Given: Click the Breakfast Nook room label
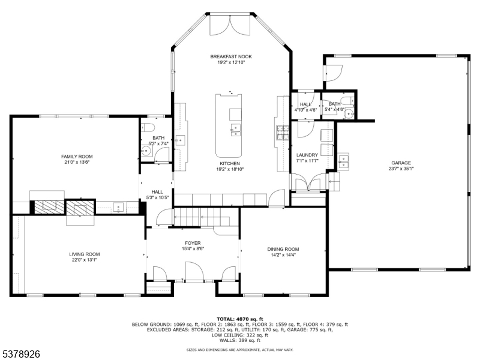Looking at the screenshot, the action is tap(231, 56).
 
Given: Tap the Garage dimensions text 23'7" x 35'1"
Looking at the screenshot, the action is tap(401, 169).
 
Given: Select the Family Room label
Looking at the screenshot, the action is tap(77, 157).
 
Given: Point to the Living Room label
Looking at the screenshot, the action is tap(84, 254).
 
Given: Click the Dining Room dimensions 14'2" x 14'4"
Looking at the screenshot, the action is tap(283, 254).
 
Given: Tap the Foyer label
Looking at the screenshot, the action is tap(193, 243).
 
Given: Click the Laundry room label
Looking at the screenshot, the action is tap(307, 155).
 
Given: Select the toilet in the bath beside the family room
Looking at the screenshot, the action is tap(148, 127).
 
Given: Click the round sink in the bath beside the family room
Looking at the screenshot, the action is tap(147, 151).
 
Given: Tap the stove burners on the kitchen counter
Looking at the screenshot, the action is tap(283, 133).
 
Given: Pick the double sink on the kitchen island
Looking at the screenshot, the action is tap(235, 130).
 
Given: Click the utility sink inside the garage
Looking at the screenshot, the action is tap(343, 161).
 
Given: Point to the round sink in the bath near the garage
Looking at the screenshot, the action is tap(349, 114).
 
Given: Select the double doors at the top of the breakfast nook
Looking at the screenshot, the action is tap(230, 24).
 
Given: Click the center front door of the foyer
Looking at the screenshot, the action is tap(194, 271).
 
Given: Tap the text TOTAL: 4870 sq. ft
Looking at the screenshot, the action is tap(239, 319).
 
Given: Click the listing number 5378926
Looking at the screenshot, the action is tap(20, 354).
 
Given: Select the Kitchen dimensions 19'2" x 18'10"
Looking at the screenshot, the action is tap(230, 169).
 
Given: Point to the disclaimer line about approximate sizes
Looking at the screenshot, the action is tap(239, 349).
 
